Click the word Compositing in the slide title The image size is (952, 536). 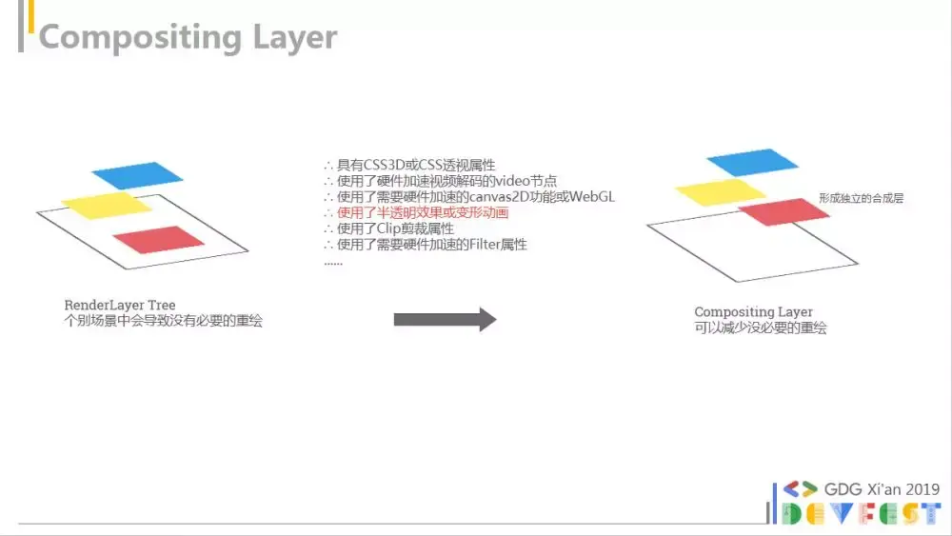pos(140,38)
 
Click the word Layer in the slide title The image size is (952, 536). pos(295,38)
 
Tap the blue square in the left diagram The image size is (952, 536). pos(137,175)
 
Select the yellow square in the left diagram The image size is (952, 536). pos(107,206)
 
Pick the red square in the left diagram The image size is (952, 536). pos(158,239)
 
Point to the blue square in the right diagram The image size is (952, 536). pos(752,162)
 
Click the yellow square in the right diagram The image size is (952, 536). pos(721,191)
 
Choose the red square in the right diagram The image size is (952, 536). pos(783,212)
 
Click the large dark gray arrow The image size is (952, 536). pos(445,319)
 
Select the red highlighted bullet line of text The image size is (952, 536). pos(417,212)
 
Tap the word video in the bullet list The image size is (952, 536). pos(512,181)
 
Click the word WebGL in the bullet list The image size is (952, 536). pos(592,197)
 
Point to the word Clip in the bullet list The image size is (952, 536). pos(389,228)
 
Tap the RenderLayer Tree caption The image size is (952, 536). pos(120,305)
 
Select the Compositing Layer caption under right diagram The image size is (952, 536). pos(753,312)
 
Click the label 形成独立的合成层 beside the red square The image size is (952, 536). pos(861,198)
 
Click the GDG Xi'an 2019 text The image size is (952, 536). pos(882,489)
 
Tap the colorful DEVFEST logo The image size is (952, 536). pos(862,513)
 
